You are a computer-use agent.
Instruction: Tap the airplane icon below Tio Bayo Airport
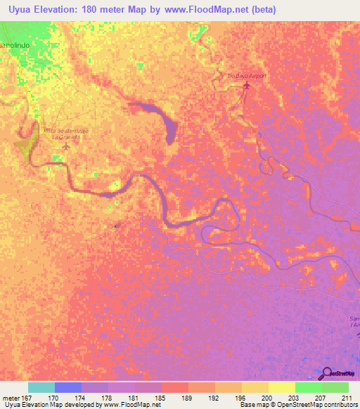tap(246, 86)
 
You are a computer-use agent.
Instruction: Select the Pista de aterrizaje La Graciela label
tap(63, 134)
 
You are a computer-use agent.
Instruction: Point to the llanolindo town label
tap(17, 44)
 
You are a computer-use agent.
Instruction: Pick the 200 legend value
tap(266, 398)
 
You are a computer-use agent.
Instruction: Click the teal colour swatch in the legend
tap(41, 387)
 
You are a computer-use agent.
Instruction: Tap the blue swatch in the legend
tap(67, 387)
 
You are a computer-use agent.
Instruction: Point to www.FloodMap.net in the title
tap(208, 10)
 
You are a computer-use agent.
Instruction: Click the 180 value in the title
tap(92, 10)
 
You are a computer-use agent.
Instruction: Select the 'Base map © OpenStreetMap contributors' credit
tap(298, 405)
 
